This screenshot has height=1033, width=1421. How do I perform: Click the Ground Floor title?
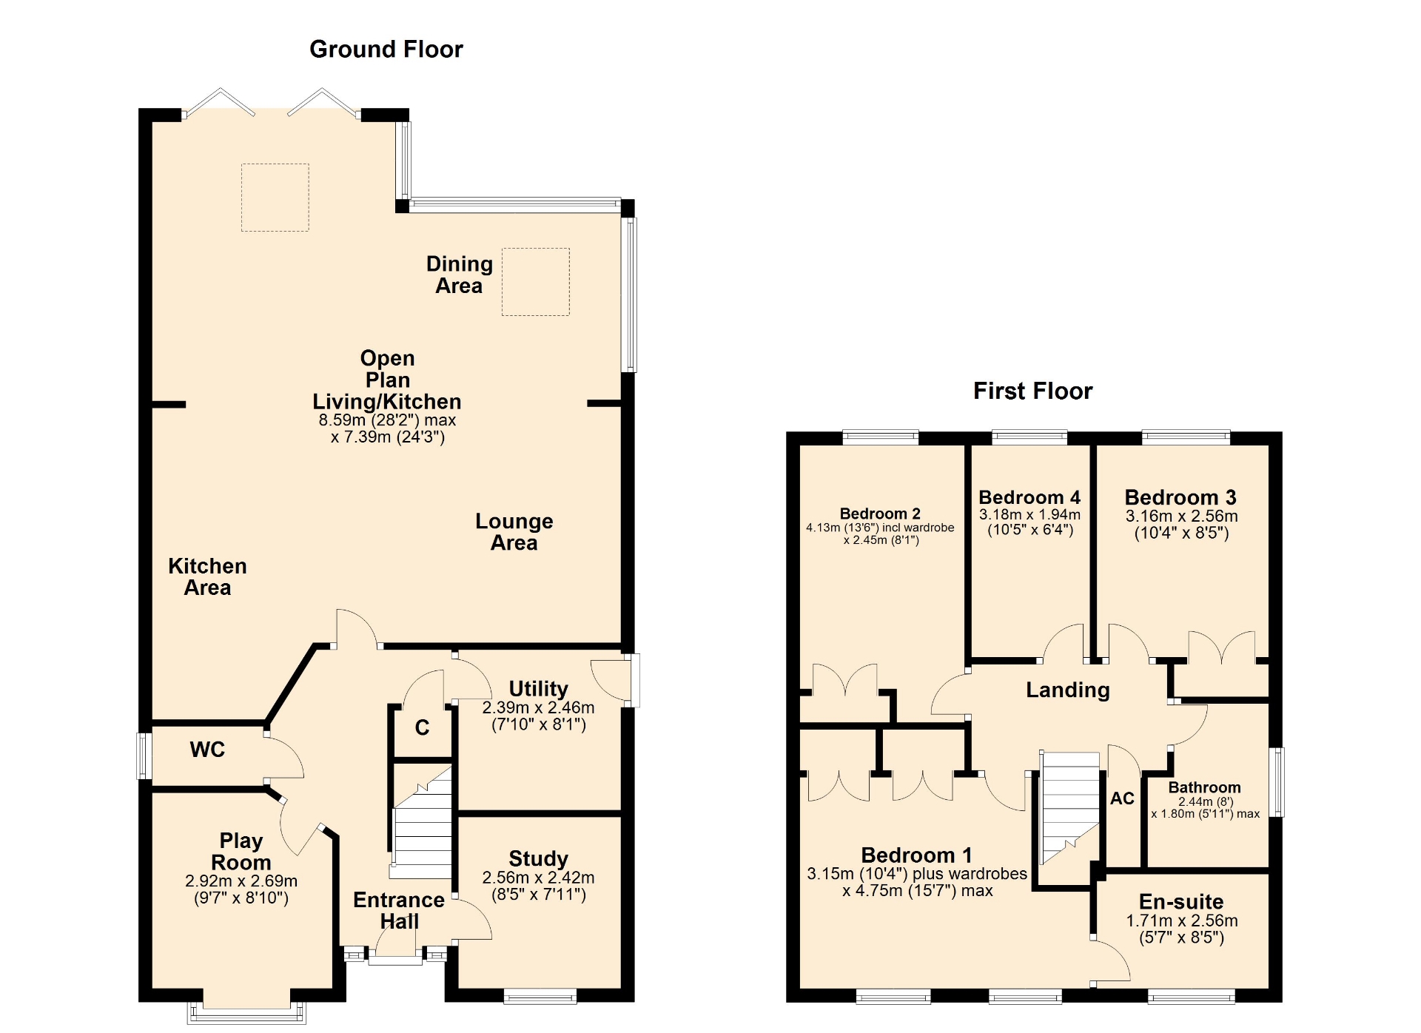(386, 49)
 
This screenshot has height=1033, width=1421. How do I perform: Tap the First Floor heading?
(1032, 391)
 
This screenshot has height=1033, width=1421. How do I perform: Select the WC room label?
(207, 750)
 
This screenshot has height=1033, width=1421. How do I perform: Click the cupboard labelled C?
(422, 727)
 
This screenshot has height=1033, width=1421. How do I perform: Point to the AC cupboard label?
(1122, 798)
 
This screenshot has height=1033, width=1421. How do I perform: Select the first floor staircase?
(1070, 807)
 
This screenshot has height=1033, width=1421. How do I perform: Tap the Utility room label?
(538, 688)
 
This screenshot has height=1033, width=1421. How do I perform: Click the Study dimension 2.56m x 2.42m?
(538, 878)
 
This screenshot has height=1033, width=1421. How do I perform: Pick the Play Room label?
(241, 851)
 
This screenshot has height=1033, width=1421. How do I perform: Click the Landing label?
(1067, 690)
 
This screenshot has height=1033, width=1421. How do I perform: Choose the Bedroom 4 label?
(1029, 497)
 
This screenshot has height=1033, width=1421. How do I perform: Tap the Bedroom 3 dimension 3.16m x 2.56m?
(1181, 516)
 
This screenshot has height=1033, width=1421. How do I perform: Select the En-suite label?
(1181, 901)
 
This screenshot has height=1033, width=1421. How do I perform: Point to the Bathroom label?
(1204, 787)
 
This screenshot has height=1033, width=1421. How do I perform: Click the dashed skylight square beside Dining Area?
(536, 282)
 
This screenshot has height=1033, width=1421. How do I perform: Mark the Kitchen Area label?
(207, 576)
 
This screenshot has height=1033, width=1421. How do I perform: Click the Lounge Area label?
(514, 531)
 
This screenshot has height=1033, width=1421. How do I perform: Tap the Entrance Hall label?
(399, 910)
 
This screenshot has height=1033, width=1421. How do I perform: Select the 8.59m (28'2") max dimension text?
(387, 420)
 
